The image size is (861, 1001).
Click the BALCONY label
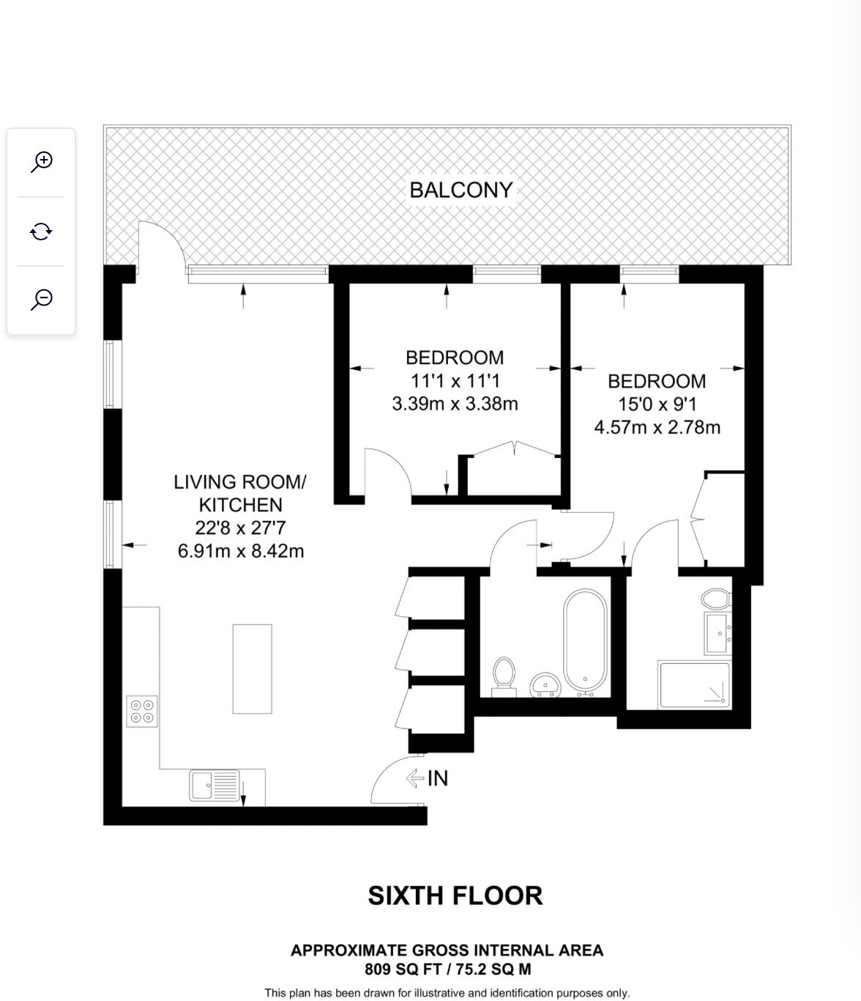click(x=461, y=190)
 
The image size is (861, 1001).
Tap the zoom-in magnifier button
click(x=42, y=162)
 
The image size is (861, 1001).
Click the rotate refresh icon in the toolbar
click(x=41, y=232)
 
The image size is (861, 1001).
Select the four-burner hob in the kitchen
click(x=142, y=711)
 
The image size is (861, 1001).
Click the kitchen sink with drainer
click(x=215, y=785)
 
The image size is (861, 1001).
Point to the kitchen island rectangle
click(x=252, y=669)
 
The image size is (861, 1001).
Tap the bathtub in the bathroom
click(x=585, y=642)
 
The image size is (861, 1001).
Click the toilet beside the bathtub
click(x=504, y=676)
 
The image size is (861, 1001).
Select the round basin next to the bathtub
click(x=545, y=684)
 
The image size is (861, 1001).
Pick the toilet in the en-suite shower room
click(x=716, y=599)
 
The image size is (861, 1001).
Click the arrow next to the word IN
click(x=415, y=778)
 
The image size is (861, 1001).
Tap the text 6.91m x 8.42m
click(x=241, y=550)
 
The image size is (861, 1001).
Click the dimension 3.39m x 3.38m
click(x=455, y=403)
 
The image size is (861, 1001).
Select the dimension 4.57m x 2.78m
click(x=657, y=427)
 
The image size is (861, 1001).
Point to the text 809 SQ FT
click(x=403, y=969)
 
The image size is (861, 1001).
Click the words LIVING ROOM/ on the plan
click(x=240, y=482)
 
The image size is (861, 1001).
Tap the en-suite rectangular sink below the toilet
click(x=717, y=633)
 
